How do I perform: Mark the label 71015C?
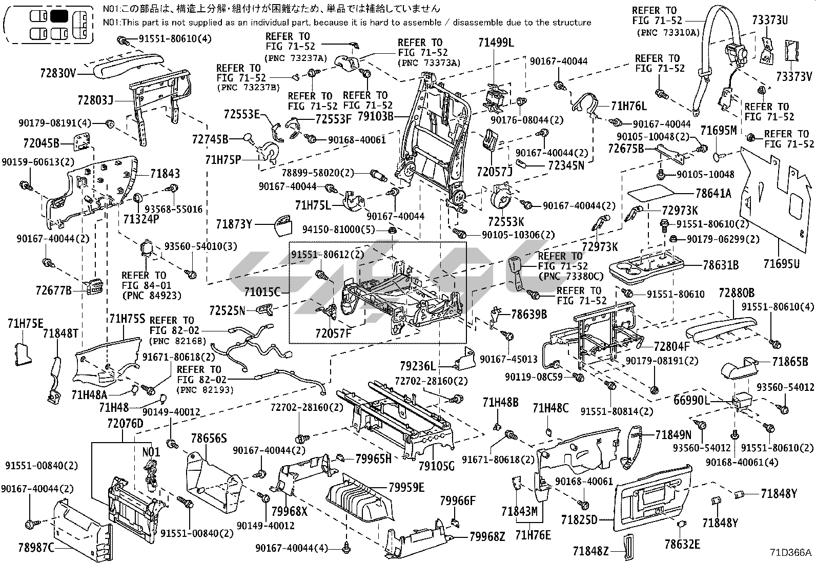click(262, 292)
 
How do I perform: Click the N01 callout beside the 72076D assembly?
click(151, 452)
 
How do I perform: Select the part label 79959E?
click(406, 487)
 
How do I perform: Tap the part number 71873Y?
click(234, 224)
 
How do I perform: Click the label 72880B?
click(736, 293)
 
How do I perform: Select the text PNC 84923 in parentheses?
click(144, 296)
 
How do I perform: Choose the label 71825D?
click(579, 520)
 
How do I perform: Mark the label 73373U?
click(770, 20)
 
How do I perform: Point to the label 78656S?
click(209, 439)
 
